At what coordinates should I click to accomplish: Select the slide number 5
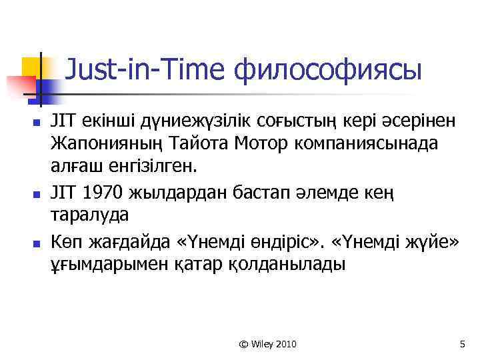(x=462, y=344)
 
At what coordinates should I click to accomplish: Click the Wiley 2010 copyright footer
(x=267, y=344)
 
